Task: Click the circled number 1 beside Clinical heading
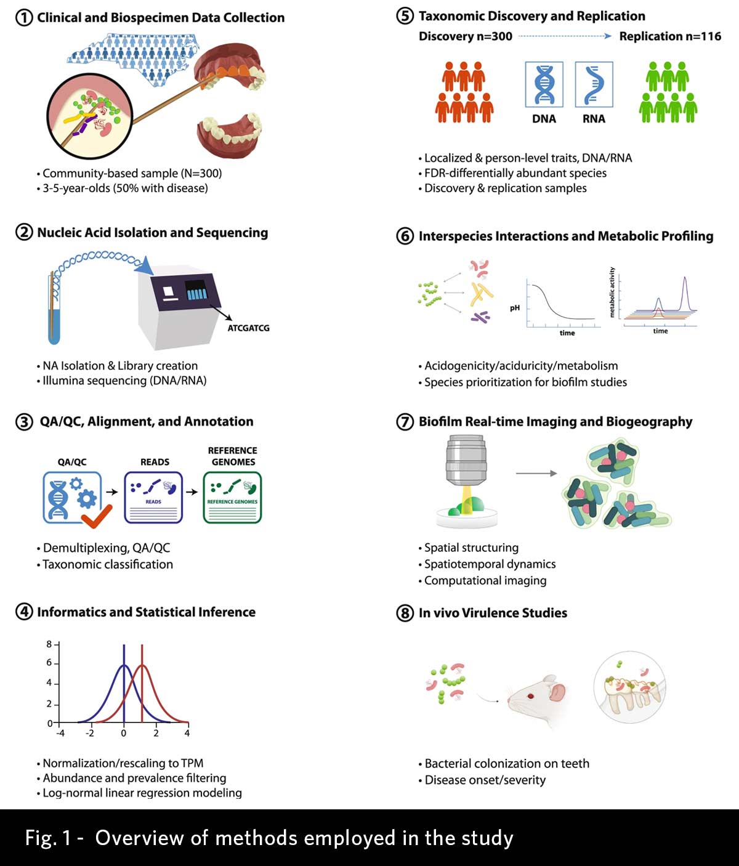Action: (x=23, y=17)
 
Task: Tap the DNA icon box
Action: (x=544, y=84)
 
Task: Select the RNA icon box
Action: (x=594, y=84)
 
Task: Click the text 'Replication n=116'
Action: (x=670, y=36)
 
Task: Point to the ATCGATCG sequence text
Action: (x=248, y=328)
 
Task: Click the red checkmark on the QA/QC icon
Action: (x=97, y=516)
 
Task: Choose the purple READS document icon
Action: (x=153, y=498)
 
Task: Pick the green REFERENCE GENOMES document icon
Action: (x=232, y=498)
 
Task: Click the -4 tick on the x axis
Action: (x=60, y=733)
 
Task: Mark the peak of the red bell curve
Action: (x=142, y=665)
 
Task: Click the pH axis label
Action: (x=515, y=307)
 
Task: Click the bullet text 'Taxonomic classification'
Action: (x=108, y=564)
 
